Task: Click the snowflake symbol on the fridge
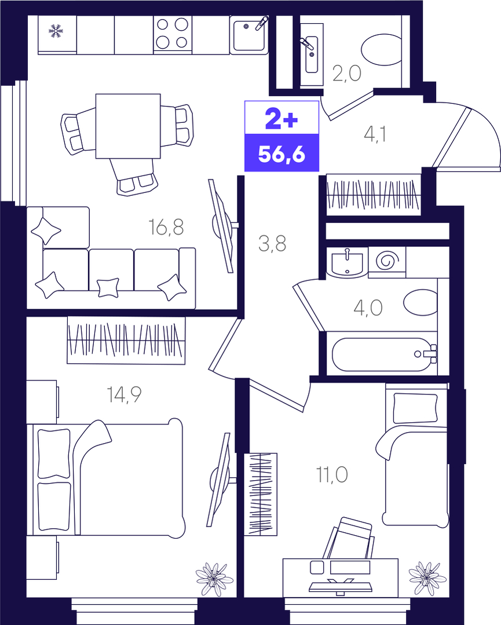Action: pyautogui.click(x=56, y=31)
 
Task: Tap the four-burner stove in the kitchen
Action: pyautogui.click(x=172, y=35)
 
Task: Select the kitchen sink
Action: pyautogui.click(x=249, y=35)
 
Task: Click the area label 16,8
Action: pyautogui.click(x=166, y=227)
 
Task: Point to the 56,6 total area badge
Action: pyautogui.click(x=281, y=153)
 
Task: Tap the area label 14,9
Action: pyautogui.click(x=124, y=394)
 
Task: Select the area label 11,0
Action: pyautogui.click(x=332, y=475)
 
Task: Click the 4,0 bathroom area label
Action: pyautogui.click(x=368, y=308)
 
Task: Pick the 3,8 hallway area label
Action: pyautogui.click(x=272, y=243)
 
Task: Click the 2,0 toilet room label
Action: pyautogui.click(x=347, y=74)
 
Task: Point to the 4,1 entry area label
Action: pyautogui.click(x=375, y=134)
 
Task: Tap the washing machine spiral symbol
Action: pyautogui.click(x=387, y=261)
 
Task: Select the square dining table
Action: pyautogui.click(x=128, y=126)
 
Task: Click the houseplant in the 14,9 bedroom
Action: pyautogui.click(x=214, y=579)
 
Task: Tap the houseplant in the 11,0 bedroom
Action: pyautogui.click(x=427, y=578)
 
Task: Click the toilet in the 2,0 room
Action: pyautogui.click(x=382, y=50)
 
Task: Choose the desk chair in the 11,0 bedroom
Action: pyautogui.click(x=348, y=538)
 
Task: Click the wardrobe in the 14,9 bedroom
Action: pyautogui.click(x=126, y=340)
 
